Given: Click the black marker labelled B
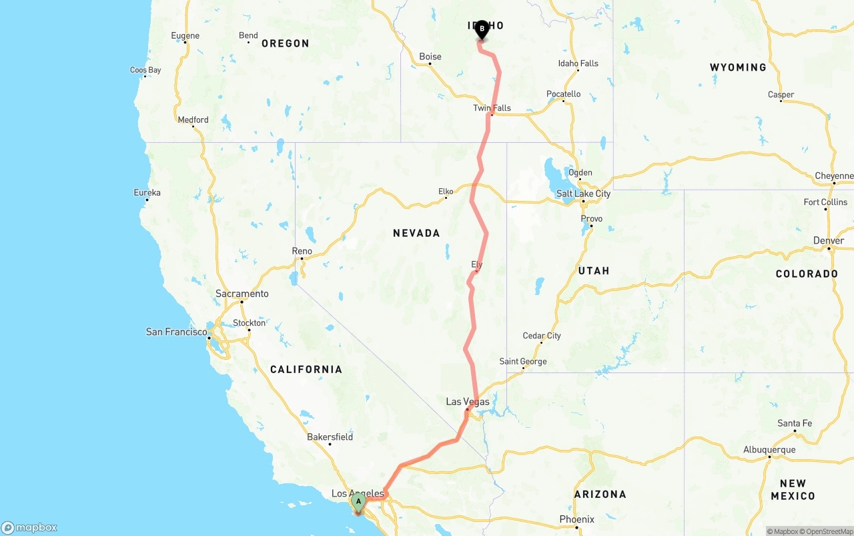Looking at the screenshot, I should click(482, 30).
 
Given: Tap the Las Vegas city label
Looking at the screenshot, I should click(467, 402).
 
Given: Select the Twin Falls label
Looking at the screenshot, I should click(492, 108).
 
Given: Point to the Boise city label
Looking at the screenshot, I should click(430, 57).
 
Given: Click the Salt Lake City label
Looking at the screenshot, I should click(583, 194).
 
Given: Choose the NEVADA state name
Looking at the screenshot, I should click(416, 233).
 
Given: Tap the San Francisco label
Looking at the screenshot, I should click(176, 332).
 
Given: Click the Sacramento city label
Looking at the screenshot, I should click(242, 294).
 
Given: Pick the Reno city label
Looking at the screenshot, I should click(302, 251).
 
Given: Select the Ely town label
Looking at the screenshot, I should click(476, 265).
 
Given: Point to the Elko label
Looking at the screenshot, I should click(446, 192).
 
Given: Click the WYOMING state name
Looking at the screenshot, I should click(738, 67).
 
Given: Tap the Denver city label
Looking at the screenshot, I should click(829, 240).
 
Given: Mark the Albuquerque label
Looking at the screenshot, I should click(769, 450).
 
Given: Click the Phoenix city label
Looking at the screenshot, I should click(577, 519).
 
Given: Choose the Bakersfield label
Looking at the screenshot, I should click(330, 437).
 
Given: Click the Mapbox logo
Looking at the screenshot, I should click(29, 527).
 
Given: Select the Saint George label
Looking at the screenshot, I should click(523, 362).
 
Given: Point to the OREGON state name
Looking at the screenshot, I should click(285, 43).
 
